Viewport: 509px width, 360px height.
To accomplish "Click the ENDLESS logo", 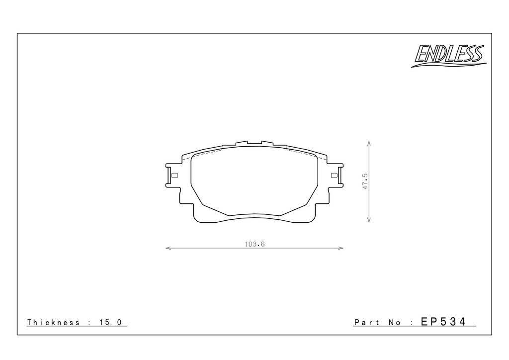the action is [449, 56].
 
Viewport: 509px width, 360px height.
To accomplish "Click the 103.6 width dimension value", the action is [255, 244].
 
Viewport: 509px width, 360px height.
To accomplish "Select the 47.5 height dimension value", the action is [365, 181].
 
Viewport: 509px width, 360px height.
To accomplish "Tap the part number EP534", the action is [443, 321].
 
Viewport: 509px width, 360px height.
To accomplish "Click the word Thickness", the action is [53, 322].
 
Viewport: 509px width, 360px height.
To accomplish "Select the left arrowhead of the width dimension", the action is [168, 248].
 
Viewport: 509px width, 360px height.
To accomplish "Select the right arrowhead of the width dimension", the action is [341, 248].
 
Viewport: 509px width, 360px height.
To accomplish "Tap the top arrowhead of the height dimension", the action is [369, 143].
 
